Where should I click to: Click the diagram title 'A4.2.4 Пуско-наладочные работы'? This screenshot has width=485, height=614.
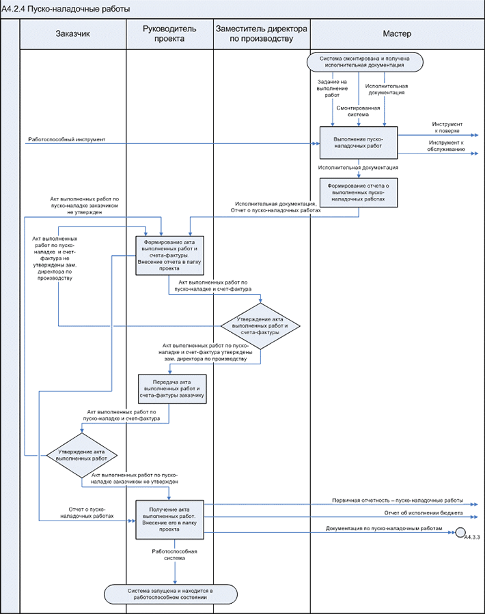pos(57,9)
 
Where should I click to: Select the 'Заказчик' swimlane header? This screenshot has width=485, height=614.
pos(72,33)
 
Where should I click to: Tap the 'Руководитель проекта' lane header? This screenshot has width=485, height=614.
pos(169,33)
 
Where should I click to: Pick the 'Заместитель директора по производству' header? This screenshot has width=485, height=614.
pos(262,33)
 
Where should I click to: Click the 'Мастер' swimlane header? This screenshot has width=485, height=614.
pos(397,33)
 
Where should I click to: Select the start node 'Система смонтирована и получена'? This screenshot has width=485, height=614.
pos(365,61)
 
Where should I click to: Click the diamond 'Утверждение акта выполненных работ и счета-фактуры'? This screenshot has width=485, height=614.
pos(261,327)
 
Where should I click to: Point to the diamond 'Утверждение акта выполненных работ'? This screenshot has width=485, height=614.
pos(82,456)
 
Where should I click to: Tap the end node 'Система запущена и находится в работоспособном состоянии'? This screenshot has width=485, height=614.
pos(171,594)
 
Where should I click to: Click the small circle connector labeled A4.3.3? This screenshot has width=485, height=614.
pos(461,532)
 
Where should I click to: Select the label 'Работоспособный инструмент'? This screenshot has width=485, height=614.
pos(67,139)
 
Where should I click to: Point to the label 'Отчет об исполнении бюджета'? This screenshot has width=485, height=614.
pos(424,512)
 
